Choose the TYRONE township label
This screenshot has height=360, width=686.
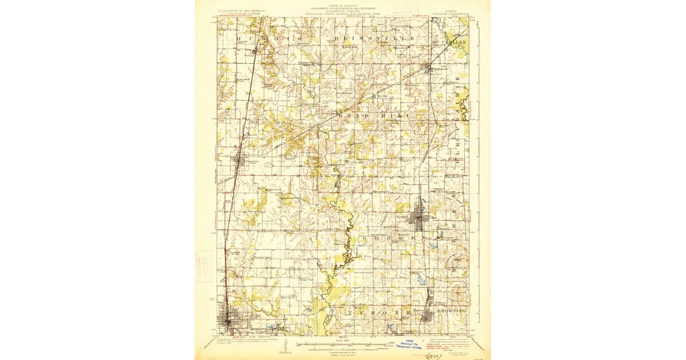pyautogui.click(x=380, y=313)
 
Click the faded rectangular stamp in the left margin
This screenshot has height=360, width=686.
pyautogui.click(x=204, y=266)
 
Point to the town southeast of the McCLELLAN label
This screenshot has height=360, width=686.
pyautogui.click(x=429, y=70)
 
